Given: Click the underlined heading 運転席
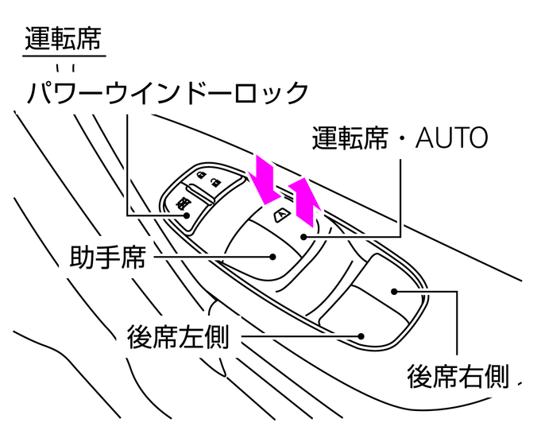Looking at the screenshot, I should click(x=64, y=38).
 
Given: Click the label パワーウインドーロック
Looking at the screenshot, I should click(x=167, y=93).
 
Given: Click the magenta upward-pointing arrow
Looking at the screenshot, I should click(x=305, y=202).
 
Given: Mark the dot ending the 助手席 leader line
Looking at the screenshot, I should click(x=272, y=257).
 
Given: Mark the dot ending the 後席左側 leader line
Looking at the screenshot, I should click(x=361, y=336).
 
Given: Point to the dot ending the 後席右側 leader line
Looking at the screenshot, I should click(x=394, y=291).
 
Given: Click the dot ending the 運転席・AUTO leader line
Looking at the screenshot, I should click(x=303, y=235).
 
